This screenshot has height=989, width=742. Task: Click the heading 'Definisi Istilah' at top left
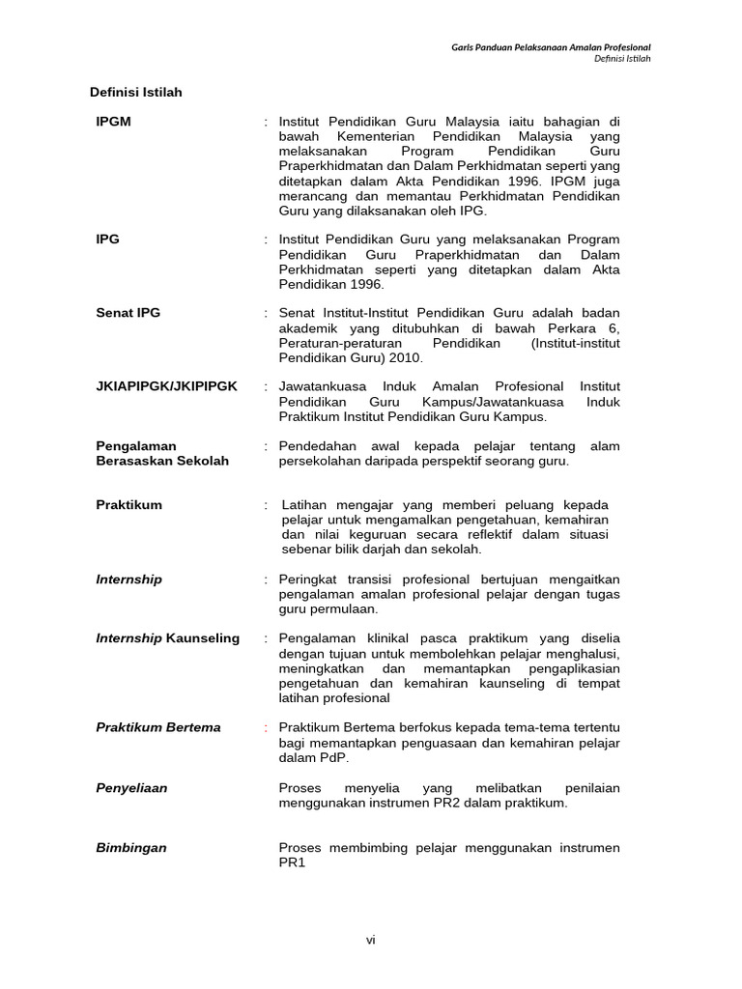pos(135,93)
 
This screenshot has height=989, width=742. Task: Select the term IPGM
pos(113,122)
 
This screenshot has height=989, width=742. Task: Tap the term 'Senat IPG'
pos(128,313)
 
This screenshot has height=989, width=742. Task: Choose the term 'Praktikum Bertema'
pos(158,727)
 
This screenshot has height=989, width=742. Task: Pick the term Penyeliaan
pos(131,788)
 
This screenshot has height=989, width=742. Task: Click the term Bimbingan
pos(131,848)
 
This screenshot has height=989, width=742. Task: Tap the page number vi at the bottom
pos(370,941)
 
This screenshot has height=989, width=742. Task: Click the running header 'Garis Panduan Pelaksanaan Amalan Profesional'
pos(552,46)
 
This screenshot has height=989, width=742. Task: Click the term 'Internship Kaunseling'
pos(167,638)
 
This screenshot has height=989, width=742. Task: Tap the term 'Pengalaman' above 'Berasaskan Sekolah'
pos(136,446)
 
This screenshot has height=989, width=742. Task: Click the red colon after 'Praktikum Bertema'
pos(265,727)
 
